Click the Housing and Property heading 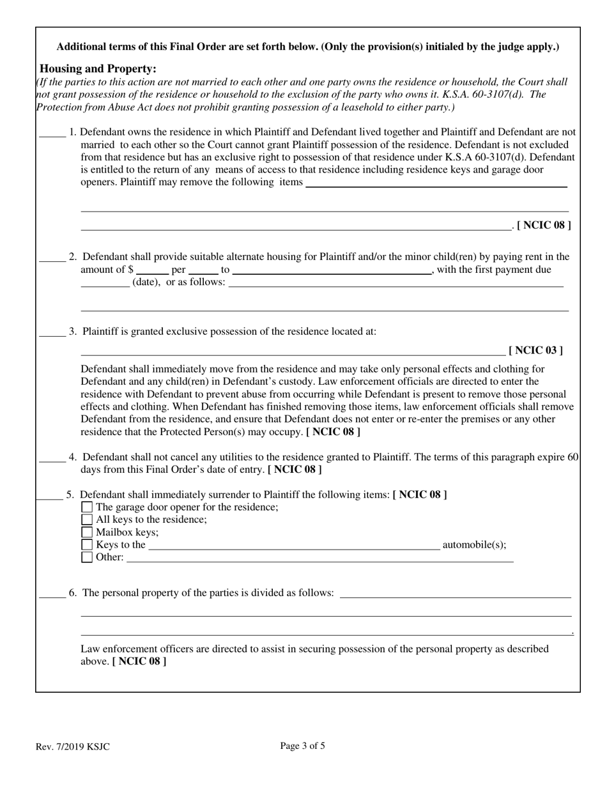[x=98, y=68]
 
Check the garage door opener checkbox [x=88, y=507]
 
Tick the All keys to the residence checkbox [x=88, y=520]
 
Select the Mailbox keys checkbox [x=88, y=532]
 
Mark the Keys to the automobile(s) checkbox [x=88, y=545]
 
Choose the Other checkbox [x=88, y=557]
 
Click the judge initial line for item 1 [x=52, y=135]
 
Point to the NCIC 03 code [x=535, y=350]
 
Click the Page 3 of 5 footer [x=302, y=745]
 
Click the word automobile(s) [x=474, y=545]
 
